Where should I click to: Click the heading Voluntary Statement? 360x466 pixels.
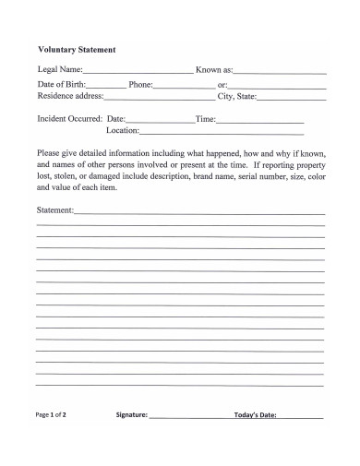(77, 50)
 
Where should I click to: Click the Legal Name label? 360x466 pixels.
(60, 69)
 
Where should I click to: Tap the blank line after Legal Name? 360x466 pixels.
(138, 71)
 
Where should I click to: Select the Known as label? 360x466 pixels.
(214, 69)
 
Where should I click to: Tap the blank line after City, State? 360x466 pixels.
(292, 98)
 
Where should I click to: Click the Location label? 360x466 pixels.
(123, 131)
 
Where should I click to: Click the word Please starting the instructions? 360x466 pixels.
(48, 153)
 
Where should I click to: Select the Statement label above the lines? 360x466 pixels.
(54, 210)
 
